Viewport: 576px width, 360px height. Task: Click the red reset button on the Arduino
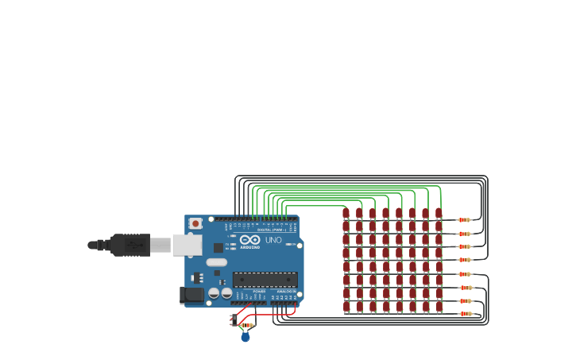(x=195, y=224)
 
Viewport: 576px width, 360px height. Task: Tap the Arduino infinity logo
(x=249, y=240)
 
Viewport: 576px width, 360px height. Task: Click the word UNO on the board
(x=273, y=240)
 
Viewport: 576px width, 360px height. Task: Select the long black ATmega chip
(x=265, y=279)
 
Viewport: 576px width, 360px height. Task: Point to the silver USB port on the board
(x=187, y=245)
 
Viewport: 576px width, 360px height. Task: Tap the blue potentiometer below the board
(x=245, y=337)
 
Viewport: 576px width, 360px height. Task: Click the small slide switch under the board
(x=234, y=320)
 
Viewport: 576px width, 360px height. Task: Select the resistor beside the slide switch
(x=246, y=325)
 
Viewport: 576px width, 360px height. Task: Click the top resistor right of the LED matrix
(x=464, y=220)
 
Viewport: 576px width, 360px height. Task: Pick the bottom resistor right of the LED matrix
(x=466, y=314)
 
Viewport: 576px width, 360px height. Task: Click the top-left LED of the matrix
(x=346, y=214)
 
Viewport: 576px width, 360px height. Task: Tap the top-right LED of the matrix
(x=439, y=214)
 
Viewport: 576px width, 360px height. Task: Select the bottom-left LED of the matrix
(x=346, y=307)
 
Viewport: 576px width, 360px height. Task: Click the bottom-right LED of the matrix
(x=439, y=307)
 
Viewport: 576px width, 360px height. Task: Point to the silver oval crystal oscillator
(x=216, y=262)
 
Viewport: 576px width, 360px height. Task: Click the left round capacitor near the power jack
(x=214, y=293)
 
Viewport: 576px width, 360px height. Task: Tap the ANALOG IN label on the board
(x=285, y=292)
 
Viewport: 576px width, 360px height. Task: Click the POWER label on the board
(x=259, y=292)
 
